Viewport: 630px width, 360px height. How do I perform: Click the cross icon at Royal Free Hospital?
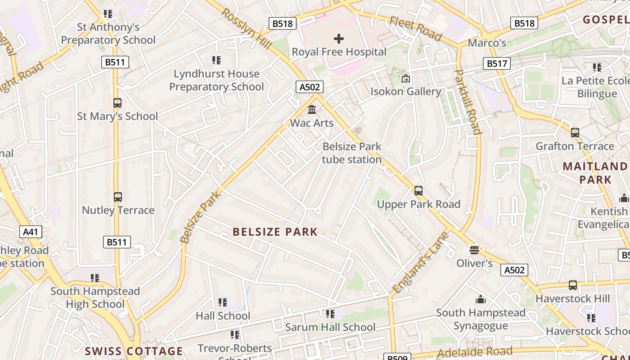339,39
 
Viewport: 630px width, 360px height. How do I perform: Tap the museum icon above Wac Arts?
311,109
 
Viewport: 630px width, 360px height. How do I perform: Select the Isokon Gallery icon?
405,78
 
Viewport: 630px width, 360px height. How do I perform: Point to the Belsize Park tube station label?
352,153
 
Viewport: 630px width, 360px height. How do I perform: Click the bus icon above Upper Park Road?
418,191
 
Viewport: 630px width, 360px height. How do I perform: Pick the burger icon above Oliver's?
474,250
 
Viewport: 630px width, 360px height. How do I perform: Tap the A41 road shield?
31,232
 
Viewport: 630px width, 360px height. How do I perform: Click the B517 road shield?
497,64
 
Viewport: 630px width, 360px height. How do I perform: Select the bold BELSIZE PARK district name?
275,232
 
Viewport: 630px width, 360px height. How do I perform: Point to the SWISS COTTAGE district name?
134,351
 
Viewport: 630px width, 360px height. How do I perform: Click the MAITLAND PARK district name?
595,173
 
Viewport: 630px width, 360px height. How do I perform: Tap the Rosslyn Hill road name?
246,29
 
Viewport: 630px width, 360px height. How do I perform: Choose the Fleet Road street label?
416,28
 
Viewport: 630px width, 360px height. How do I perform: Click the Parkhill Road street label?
468,102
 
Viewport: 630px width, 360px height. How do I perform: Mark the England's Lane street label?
421,262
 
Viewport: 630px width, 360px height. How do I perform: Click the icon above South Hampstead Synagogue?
481,299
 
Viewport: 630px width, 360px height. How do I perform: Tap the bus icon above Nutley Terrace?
117,197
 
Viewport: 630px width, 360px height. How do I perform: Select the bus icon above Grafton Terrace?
575,133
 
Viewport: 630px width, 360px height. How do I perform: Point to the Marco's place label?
487,43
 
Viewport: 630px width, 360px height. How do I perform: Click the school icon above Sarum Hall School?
330,314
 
